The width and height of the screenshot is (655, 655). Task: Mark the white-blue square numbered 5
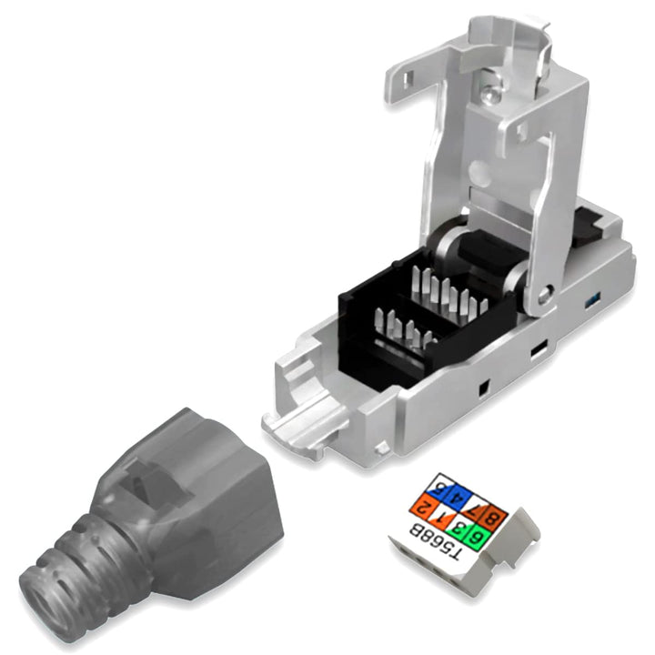click(439, 489)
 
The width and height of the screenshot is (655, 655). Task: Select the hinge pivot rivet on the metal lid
click(543, 293)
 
